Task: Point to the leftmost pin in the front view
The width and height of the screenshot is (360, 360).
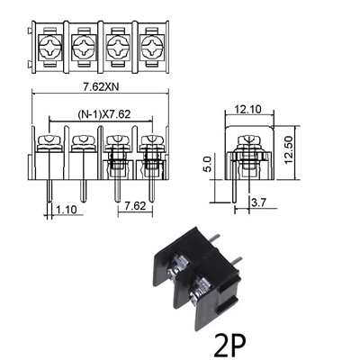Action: (50, 190)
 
